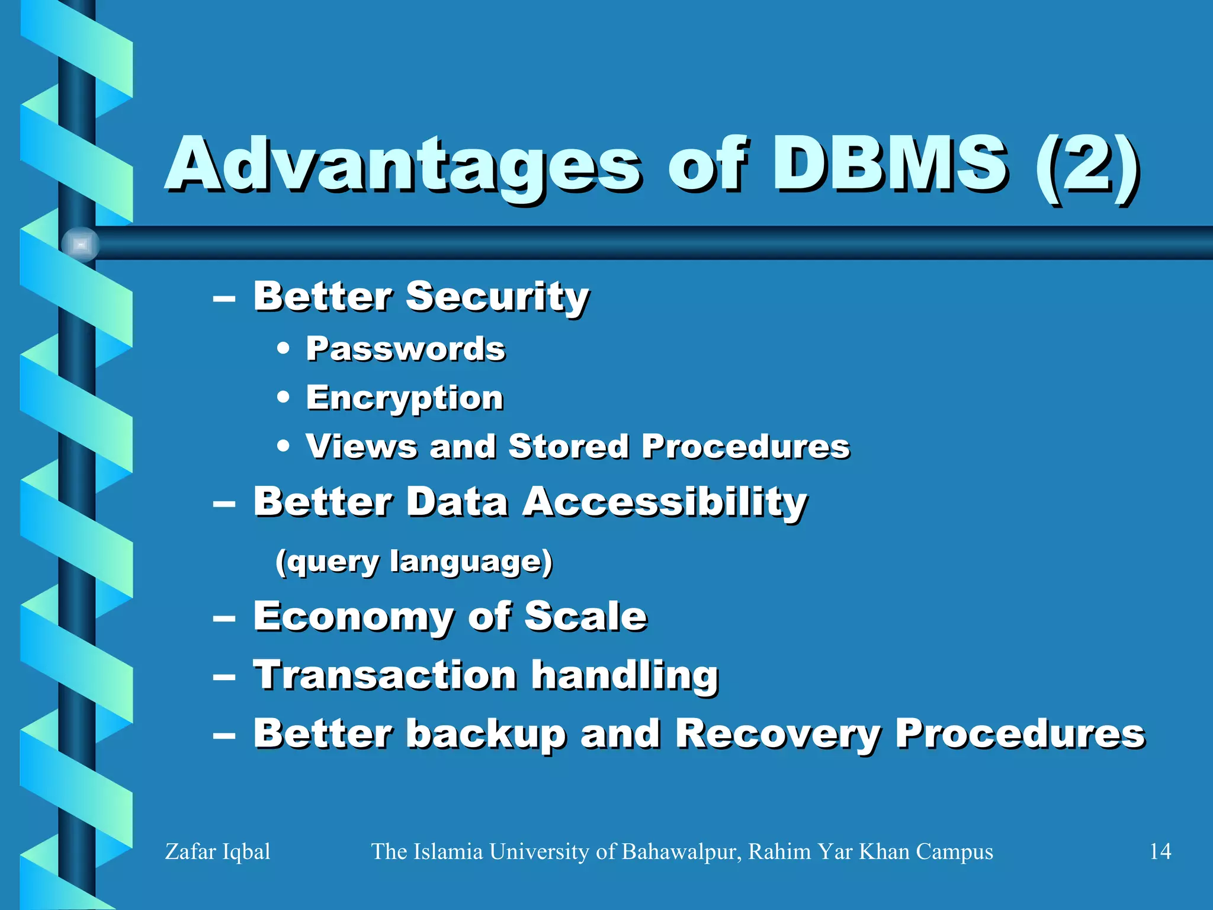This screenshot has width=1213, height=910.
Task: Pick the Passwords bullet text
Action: (405, 349)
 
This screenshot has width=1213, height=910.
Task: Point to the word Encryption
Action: (405, 398)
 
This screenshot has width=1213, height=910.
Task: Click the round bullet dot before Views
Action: (284, 446)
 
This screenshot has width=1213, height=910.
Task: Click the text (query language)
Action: (413, 561)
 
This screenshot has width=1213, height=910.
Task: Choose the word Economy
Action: (353, 617)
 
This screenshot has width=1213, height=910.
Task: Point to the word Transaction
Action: (385, 675)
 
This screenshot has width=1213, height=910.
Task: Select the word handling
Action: (624, 675)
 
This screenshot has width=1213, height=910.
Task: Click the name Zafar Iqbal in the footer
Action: (217, 851)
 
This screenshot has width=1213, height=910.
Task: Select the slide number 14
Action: (1160, 851)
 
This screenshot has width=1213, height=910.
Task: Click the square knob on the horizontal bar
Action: (81, 244)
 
